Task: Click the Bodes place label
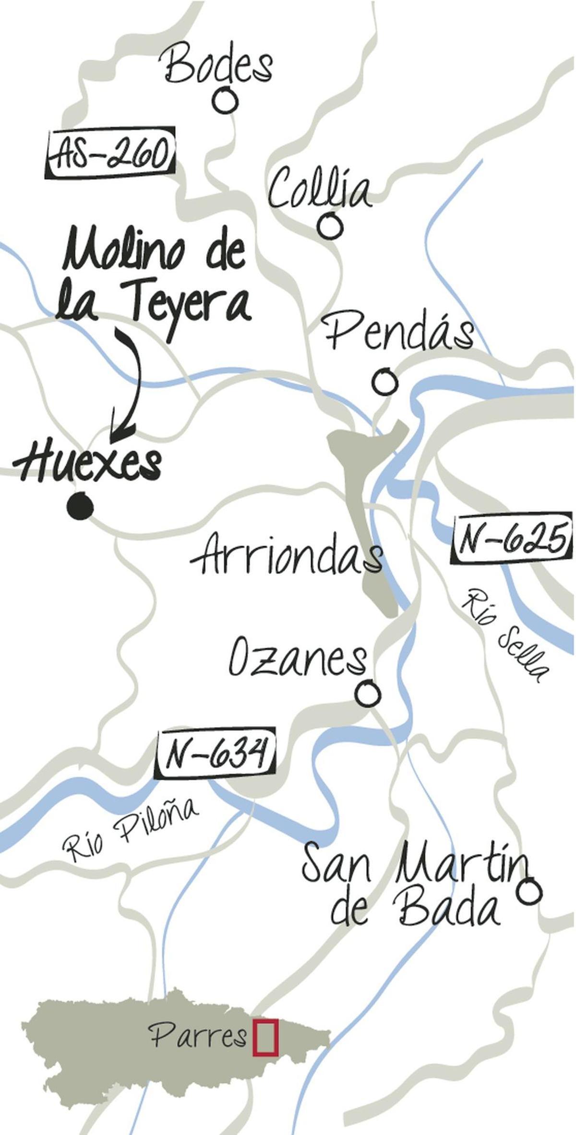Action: pyautogui.click(x=219, y=67)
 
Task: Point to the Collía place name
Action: pyautogui.click(x=319, y=191)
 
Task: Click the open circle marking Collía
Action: pyautogui.click(x=330, y=225)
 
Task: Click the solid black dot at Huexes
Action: pyautogui.click(x=80, y=506)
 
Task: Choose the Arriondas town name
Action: pyautogui.click(x=287, y=557)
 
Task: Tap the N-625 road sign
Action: pyautogui.click(x=512, y=540)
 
